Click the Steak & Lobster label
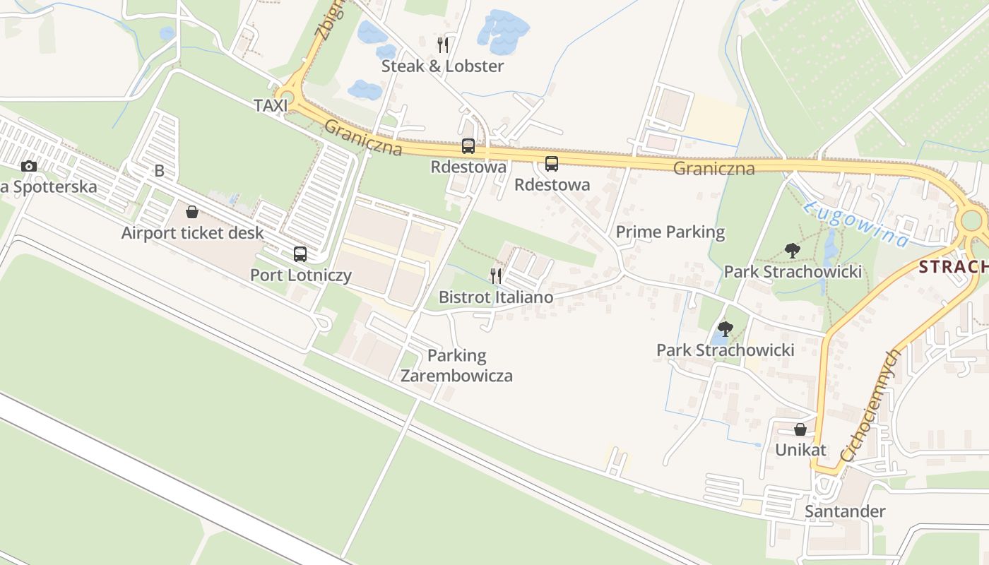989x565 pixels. point(442,66)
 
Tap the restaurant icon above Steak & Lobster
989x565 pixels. point(443,45)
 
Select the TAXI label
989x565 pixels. point(271,106)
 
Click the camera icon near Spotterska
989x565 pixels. point(29,167)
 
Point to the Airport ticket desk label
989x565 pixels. point(192,233)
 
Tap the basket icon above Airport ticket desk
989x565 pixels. point(192,212)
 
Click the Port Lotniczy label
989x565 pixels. point(301,275)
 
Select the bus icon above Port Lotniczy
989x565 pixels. point(300,254)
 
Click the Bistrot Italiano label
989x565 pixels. point(496,297)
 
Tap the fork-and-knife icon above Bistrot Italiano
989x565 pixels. point(496,275)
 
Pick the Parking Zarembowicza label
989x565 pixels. point(456,365)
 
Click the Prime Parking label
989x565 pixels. point(670,232)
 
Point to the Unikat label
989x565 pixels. point(800,450)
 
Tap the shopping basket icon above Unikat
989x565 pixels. point(800,429)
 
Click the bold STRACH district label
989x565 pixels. point(954,266)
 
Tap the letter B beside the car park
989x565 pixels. point(159,171)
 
